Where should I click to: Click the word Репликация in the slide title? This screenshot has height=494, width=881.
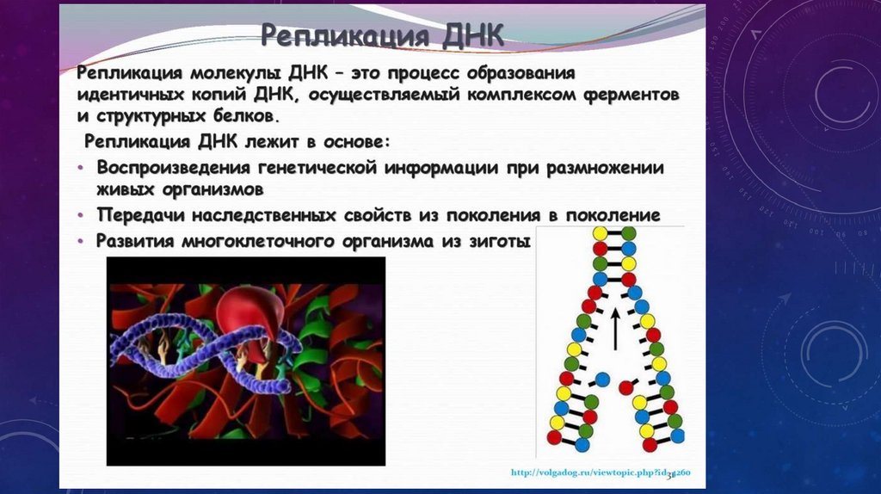pos(345,35)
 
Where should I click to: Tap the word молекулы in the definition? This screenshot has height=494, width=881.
pos(237,73)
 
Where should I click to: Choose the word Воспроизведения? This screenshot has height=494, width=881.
pos(174,168)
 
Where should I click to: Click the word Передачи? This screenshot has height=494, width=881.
pos(140,214)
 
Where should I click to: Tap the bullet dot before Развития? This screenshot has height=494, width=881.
pos(81,242)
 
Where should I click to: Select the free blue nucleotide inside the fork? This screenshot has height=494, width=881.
pos(601,380)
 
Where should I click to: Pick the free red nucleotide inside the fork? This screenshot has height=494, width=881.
pos(626,387)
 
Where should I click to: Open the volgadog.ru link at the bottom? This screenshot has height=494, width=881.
pos(601,472)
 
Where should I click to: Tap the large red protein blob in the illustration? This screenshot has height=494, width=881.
pos(251,318)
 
